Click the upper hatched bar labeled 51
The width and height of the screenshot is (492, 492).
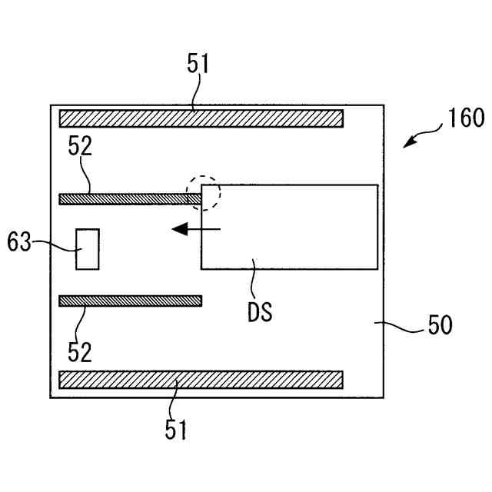click(x=201, y=118)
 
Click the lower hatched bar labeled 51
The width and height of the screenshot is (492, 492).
click(x=201, y=380)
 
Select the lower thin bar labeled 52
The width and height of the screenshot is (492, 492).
click(x=130, y=301)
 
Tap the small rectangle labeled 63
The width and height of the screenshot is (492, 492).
click(x=88, y=249)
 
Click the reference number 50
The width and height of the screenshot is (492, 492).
click(x=440, y=325)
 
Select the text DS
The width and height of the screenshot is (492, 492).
click(x=260, y=313)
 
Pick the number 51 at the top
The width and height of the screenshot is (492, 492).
click(x=198, y=64)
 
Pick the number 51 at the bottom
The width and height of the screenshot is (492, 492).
click(x=176, y=430)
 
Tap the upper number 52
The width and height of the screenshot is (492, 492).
click(x=80, y=146)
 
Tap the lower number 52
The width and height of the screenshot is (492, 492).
click(x=80, y=352)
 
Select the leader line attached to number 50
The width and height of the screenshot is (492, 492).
click(x=402, y=327)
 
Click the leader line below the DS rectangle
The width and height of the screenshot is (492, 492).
click(x=254, y=281)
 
